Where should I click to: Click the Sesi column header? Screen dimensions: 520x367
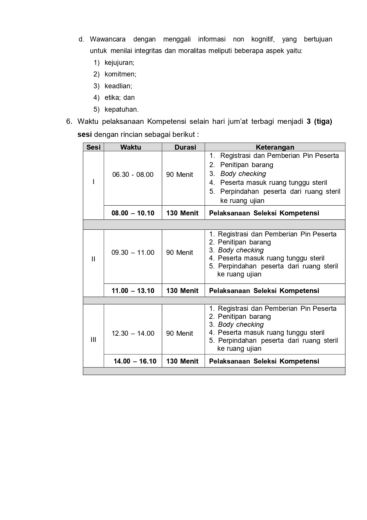93,147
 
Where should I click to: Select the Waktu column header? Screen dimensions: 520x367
131,147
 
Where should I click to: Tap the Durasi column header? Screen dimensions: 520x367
185,147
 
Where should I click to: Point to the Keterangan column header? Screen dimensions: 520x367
275,147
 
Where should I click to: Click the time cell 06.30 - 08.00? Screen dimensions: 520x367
133,175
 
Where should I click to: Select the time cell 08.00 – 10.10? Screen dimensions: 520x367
133,213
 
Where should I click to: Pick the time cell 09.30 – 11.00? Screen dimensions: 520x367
133,252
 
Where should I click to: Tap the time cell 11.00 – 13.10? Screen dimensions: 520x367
133,291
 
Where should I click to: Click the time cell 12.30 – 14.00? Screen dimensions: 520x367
133,333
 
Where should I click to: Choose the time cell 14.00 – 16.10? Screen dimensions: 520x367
135,361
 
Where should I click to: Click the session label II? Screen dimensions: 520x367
93,259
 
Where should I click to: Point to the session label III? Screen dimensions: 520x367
93,340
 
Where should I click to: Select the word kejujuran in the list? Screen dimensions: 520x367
119,63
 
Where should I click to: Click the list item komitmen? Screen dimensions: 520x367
120,74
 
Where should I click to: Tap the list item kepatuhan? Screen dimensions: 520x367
122,109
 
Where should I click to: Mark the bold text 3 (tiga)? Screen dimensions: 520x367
319,121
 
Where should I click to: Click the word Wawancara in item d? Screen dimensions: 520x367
108,39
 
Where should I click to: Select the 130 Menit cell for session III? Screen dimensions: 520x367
182,361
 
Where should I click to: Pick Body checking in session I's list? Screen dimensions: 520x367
243,174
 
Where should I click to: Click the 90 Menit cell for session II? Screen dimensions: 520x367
180,252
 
